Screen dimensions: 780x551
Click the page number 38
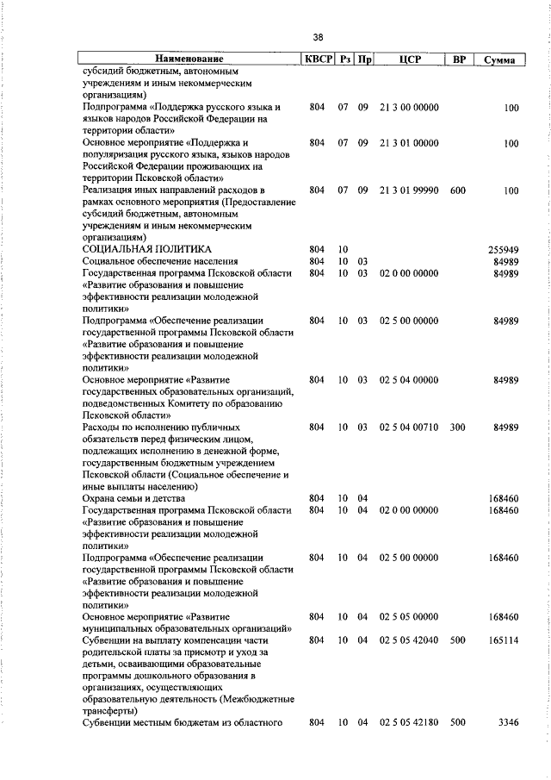click(319, 37)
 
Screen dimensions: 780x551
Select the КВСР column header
click(316, 60)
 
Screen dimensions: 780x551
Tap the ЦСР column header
click(409, 60)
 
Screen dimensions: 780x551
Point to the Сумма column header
click(500, 60)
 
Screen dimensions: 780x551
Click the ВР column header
click(459, 60)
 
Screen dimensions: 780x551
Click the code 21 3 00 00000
click(408, 108)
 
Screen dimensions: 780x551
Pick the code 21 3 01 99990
click(408, 190)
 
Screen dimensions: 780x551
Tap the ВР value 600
click(457, 190)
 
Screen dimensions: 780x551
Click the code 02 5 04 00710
click(408, 427)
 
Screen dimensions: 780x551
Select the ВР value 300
click(457, 427)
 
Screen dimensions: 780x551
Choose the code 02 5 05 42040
click(408, 640)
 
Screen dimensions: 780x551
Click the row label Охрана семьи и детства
click(133, 498)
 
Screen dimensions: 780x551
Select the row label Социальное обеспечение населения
click(160, 261)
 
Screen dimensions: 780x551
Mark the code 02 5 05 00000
click(408, 617)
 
